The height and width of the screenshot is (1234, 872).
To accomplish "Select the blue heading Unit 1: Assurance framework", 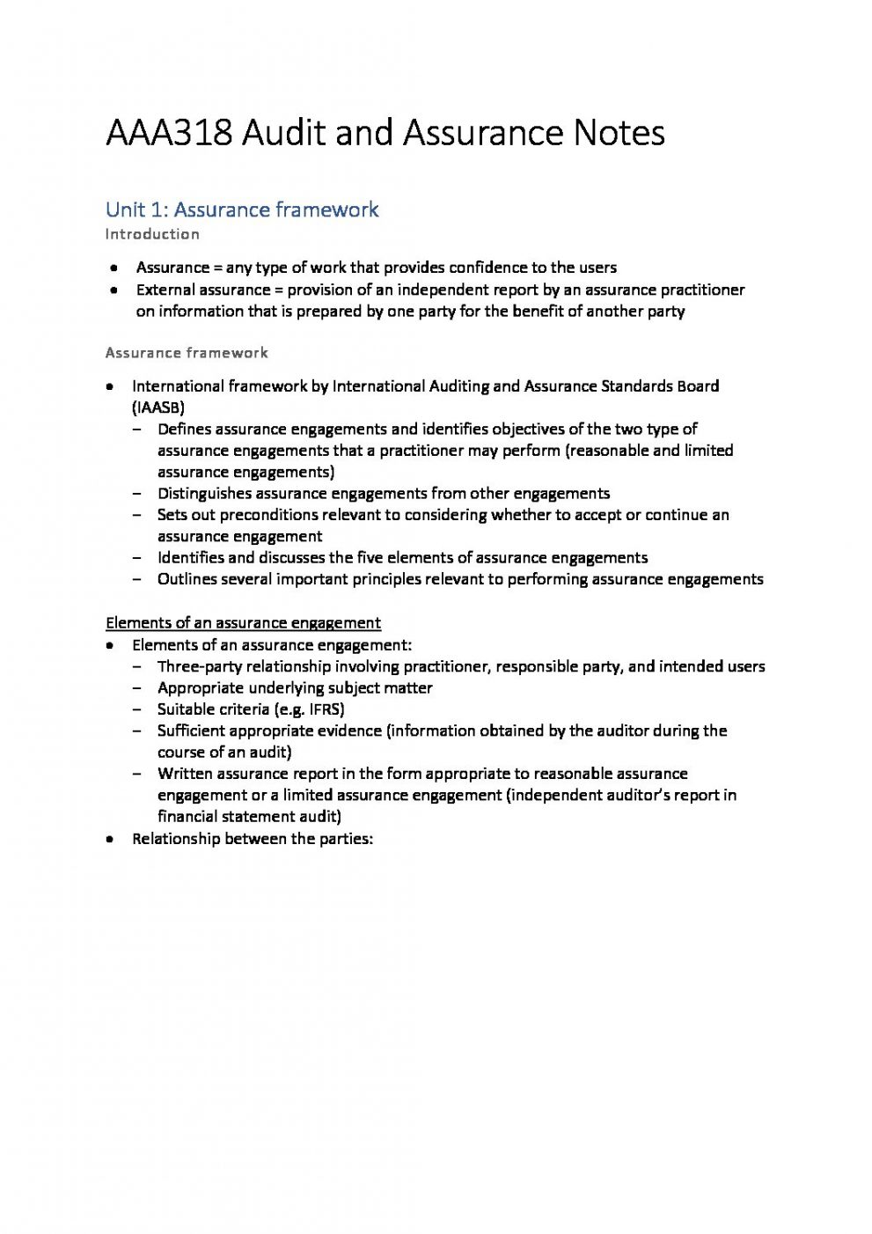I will pos(242,209).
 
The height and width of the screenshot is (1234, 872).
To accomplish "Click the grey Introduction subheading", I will pos(152,234).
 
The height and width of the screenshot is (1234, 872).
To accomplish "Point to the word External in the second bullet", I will pos(165,290).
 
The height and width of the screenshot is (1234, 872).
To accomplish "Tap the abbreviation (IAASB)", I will pos(158,408).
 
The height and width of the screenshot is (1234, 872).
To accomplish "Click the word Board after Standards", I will pos(698,386).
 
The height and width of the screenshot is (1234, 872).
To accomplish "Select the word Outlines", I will pos(187,579).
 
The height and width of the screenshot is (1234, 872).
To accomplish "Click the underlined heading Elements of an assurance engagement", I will pos(243,623).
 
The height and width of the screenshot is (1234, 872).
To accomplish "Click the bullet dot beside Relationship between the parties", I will pos(109,840).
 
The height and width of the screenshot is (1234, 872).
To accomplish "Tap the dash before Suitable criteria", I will pos(138,709).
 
